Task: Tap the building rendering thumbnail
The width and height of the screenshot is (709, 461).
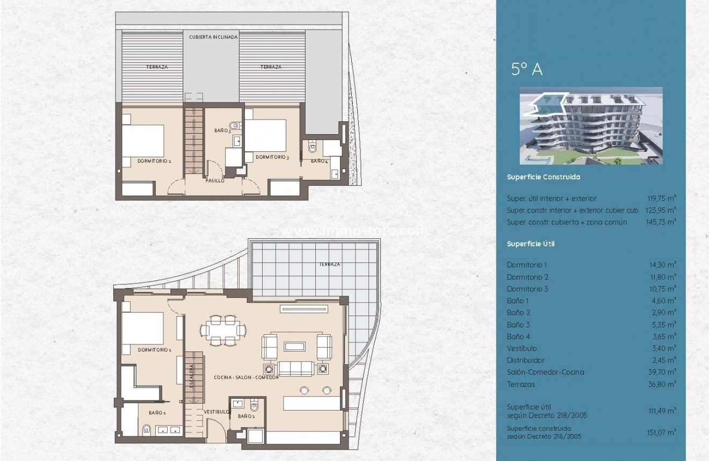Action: click(591, 126)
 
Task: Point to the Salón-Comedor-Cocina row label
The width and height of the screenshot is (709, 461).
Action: click(545, 372)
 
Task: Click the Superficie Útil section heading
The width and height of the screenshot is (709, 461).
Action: click(531, 244)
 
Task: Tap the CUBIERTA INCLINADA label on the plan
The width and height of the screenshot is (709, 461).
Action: click(211, 37)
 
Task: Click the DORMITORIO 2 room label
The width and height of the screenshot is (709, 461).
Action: click(154, 160)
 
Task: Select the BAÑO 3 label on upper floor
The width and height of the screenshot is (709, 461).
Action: click(222, 130)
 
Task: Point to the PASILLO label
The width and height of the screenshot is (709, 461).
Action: click(215, 181)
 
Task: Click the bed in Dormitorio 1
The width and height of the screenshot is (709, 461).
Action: click(142, 328)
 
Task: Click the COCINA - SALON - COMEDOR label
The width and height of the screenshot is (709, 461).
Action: click(246, 377)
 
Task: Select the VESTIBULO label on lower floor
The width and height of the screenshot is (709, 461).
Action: click(217, 412)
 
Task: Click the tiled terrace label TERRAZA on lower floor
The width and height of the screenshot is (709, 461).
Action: click(329, 265)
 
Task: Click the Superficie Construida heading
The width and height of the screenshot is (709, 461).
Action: click(543, 177)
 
